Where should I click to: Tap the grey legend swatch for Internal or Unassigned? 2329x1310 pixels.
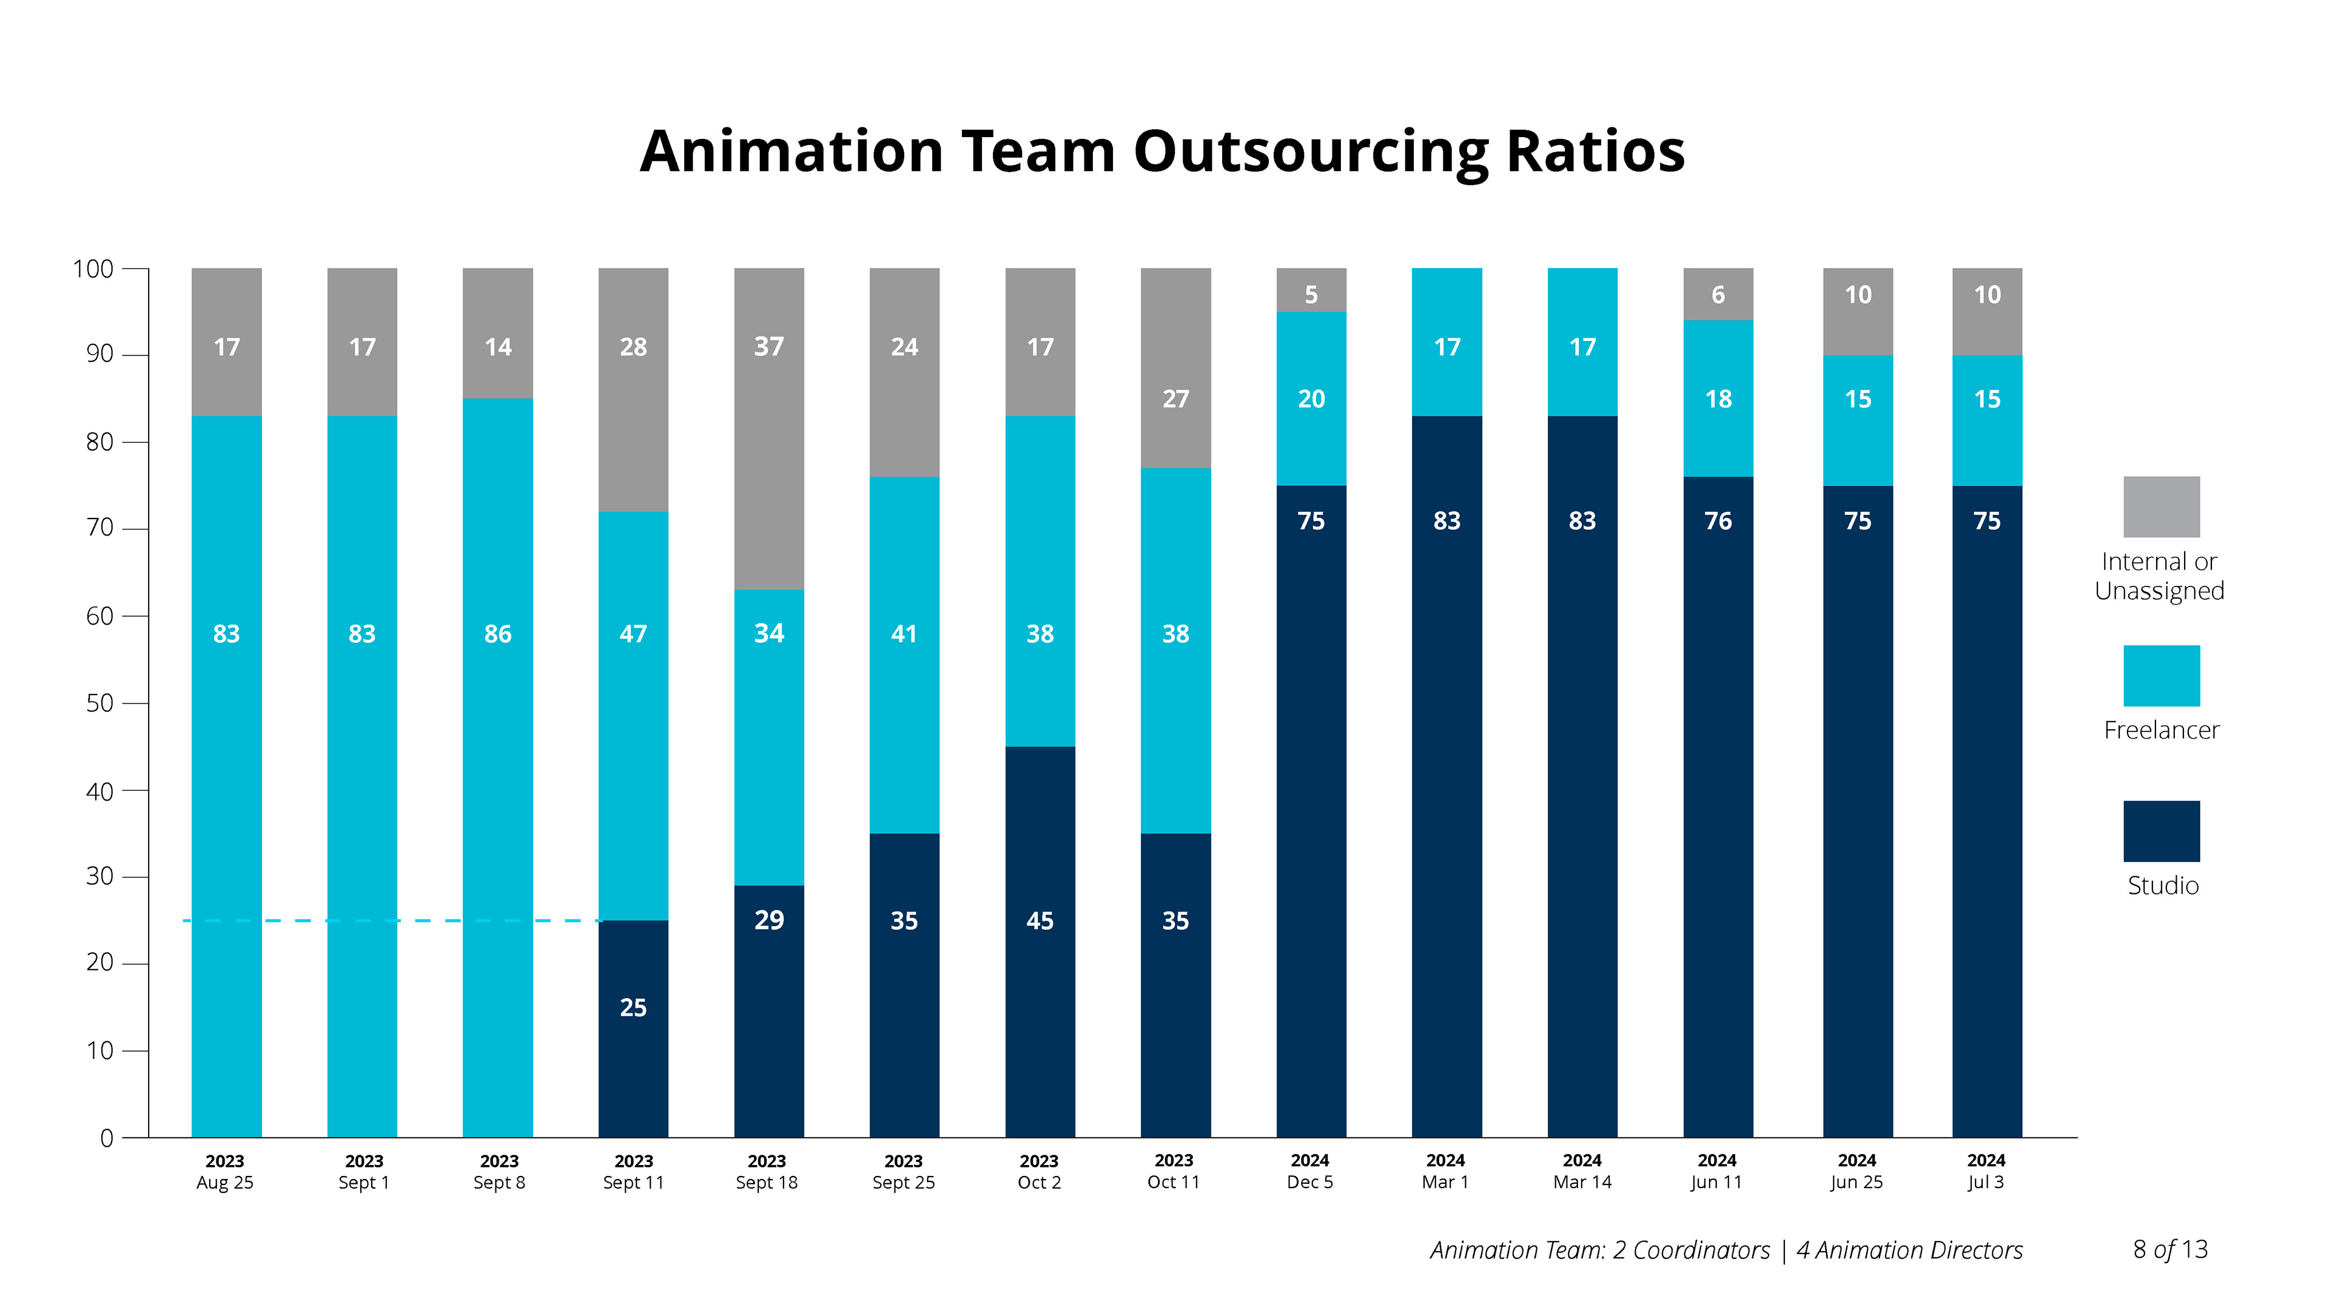[2161, 507]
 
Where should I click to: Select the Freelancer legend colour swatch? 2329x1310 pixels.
[2161, 676]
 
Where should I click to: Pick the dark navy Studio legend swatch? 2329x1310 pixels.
[2161, 831]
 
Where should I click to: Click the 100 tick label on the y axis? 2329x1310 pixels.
[93, 269]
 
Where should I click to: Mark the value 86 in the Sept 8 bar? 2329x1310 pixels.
[497, 634]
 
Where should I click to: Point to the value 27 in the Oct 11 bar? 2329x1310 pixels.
[1175, 398]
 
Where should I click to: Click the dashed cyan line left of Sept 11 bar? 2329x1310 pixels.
[389, 921]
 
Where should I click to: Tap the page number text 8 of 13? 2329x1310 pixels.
[2170, 1249]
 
